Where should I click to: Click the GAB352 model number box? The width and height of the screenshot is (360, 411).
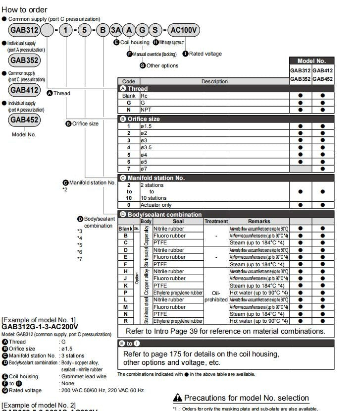click(x=24, y=60)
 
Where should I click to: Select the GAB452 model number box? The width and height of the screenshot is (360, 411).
click(x=24, y=120)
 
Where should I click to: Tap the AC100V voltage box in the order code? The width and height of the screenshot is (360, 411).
click(x=184, y=30)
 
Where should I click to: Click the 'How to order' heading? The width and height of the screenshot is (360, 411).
click(x=25, y=9)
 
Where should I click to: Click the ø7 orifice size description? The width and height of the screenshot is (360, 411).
click(x=145, y=169)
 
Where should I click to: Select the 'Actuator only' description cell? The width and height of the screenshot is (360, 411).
click(x=156, y=205)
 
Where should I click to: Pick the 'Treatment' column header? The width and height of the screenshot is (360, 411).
click(x=216, y=221)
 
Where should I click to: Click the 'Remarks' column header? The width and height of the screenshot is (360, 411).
click(x=259, y=221)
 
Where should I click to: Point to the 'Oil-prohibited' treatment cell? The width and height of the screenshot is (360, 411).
click(x=216, y=296)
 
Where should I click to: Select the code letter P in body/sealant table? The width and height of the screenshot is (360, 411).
click(x=126, y=293)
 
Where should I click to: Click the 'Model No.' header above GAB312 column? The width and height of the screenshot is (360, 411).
click(x=311, y=61)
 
